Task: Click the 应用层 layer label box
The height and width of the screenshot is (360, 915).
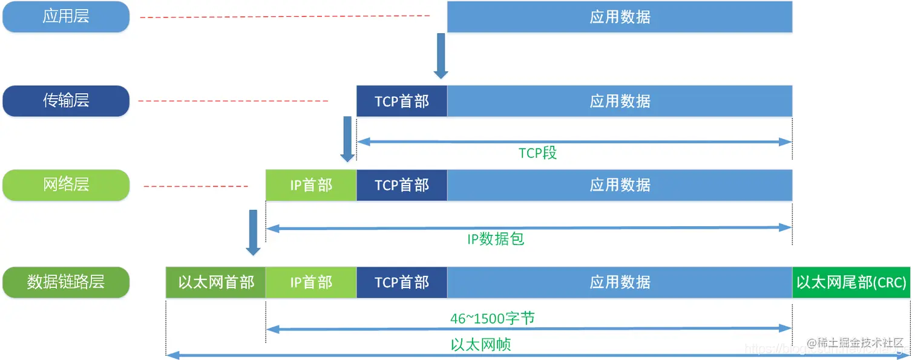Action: coord(66,16)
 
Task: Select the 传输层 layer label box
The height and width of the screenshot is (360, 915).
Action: coord(66,100)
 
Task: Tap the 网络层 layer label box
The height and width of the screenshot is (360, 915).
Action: coord(66,185)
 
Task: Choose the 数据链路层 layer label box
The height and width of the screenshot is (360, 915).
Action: coord(66,282)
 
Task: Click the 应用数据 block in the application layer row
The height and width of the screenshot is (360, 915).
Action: coord(620,16)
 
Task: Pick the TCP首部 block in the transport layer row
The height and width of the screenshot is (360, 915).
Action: coord(402,101)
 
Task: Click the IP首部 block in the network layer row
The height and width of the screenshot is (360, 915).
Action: coord(311,185)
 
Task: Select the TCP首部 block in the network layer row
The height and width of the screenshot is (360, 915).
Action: coord(402,185)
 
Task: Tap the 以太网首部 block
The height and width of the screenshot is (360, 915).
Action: coord(216,283)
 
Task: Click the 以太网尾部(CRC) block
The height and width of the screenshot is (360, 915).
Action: coord(851,283)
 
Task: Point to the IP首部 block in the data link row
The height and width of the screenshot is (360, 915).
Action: coord(311,283)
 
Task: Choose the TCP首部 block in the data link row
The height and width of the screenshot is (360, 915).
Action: coord(402,283)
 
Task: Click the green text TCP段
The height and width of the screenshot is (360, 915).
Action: coord(537,153)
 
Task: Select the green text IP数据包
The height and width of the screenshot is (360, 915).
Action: coord(496,239)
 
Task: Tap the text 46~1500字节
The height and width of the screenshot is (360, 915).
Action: coord(492,318)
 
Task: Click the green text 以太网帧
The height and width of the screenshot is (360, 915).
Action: coord(481,345)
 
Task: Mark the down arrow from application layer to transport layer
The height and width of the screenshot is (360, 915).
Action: coord(441,56)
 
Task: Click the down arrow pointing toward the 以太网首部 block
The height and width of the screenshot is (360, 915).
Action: coord(253,233)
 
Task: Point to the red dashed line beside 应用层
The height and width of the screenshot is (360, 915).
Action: coord(284,17)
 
